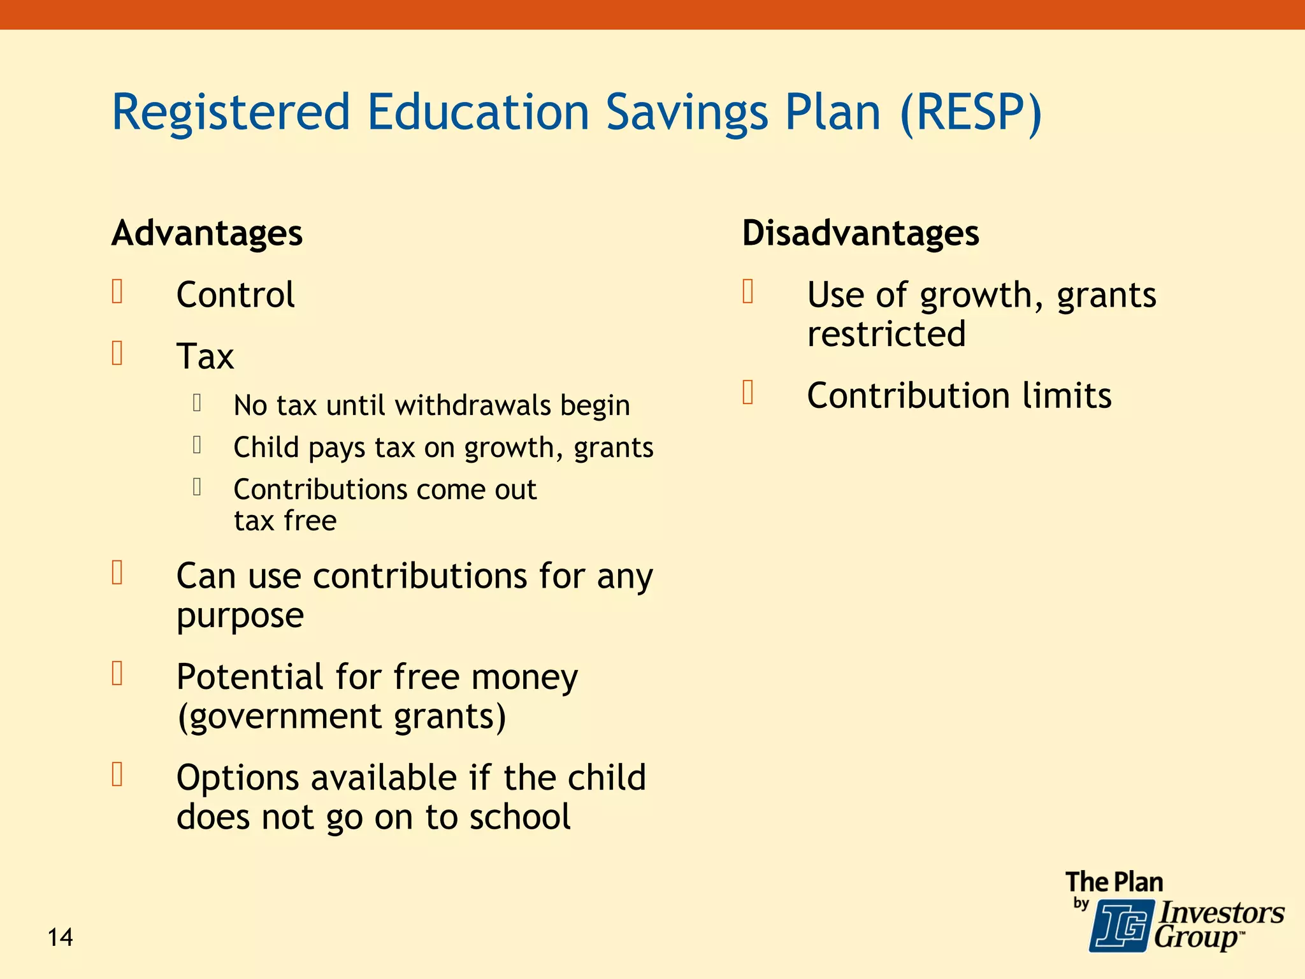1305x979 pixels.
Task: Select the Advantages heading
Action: (207, 233)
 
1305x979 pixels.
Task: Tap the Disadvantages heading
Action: (860, 233)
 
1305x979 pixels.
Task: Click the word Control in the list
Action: (235, 295)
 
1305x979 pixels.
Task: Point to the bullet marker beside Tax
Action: (117, 353)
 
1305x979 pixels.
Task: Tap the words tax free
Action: (285, 521)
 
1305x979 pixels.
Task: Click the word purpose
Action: (240, 616)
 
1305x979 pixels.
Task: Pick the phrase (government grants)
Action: (342, 716)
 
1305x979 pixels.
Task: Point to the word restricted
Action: (886, 334)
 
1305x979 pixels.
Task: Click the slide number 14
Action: (61, 938)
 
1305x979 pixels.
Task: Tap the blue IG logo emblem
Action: (1121, 925)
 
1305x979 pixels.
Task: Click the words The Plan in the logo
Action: (1114, 883)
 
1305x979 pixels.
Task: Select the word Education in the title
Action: (478, 112)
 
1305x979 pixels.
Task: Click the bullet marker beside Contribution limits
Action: (748, 393)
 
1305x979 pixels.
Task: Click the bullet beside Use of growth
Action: (748, 292)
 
